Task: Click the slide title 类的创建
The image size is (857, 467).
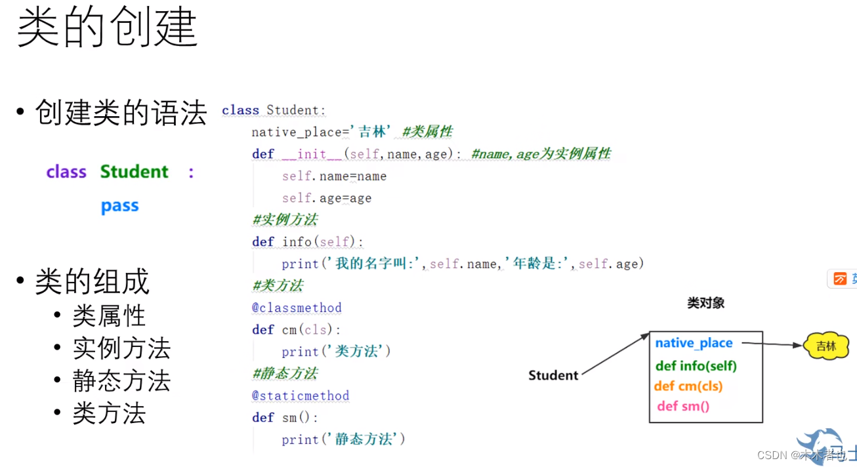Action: click(107, 28)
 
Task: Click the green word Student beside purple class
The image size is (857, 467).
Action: click(135, 172)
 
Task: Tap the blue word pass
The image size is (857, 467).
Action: click(120, 206)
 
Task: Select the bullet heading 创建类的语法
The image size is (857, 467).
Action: click(121, 113)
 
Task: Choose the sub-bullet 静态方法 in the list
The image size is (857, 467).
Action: click(121, 381)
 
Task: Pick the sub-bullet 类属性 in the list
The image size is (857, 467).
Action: click(109, 316)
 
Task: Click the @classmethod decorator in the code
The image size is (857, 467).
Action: click(297, 308)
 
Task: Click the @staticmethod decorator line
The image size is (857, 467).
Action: click(301, 396)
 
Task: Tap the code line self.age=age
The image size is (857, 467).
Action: click(327, 198)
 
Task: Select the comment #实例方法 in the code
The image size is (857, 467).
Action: click(285, 220)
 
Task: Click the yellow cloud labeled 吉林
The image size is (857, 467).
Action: click(826, 346)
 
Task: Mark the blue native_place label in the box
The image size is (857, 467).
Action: click(694, 343)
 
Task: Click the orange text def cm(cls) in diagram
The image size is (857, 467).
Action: click(688, 386)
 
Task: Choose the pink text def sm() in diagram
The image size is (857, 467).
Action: click(683, 406)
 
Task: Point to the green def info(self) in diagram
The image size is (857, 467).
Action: click(696, 365)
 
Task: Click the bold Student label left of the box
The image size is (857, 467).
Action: click(553, 375)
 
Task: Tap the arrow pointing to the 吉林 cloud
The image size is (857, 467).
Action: click(771, 343)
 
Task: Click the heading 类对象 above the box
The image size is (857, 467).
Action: click(705, 302)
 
